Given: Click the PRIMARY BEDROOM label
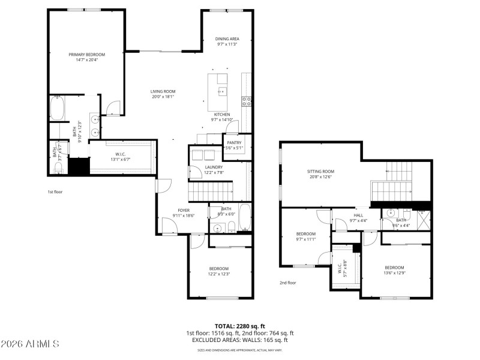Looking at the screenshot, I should click(83, 54).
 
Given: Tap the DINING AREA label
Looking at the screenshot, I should click(227, 38).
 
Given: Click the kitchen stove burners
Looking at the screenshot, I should click(246, 101).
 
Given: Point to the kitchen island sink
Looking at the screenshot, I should click(221, 91).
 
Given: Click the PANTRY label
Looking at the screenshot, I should click(234, 142).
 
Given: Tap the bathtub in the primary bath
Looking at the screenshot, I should click(57, 109).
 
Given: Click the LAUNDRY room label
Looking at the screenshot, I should click(214, 167).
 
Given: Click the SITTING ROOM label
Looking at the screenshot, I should click(321, 171).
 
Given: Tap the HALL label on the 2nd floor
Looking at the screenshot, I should click(358, 215).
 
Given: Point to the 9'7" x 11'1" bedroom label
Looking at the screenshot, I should click(305, 234).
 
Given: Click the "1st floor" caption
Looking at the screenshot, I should click(55, 192).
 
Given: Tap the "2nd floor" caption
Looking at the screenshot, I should click(288, 283).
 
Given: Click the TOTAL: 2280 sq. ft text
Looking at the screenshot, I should click(239, 326).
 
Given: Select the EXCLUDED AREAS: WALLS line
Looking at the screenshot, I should click(239, 340).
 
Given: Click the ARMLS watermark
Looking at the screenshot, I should click(30, 344).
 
